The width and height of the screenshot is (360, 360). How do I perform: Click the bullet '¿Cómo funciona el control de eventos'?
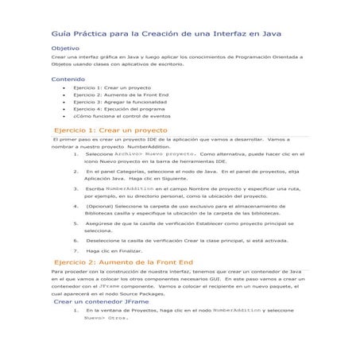(127, 117)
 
